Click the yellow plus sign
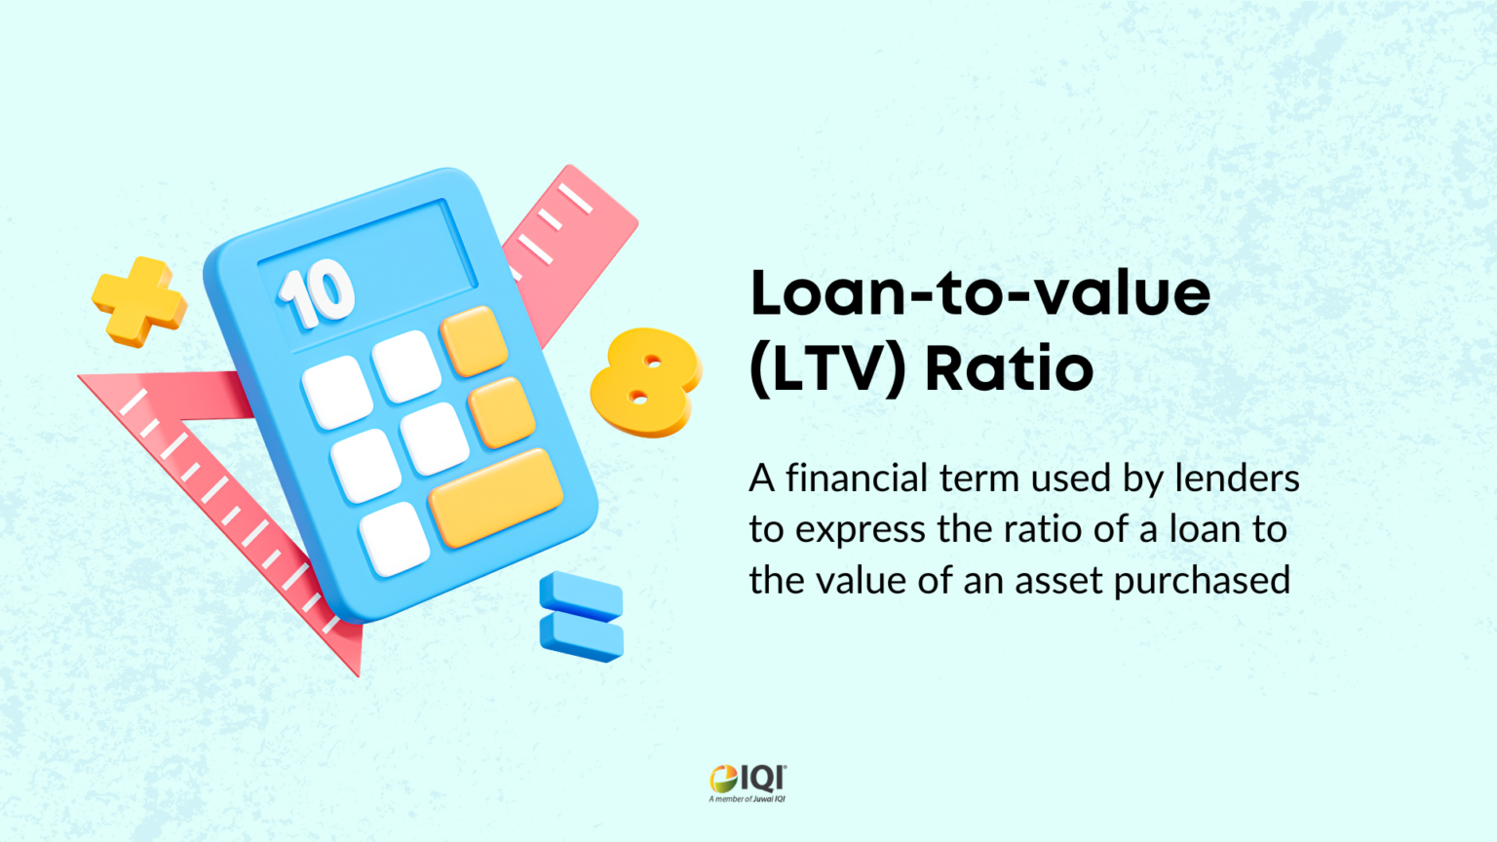[x=138, y=301]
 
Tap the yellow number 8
[x=645, y=381]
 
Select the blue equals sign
[x=582, y=617]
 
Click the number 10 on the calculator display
[x=317, y=292]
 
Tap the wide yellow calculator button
[x=495, y=497]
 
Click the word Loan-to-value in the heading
[x=979, y=292]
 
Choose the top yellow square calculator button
[x=474, y=341]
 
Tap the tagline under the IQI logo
[x=748, y=799]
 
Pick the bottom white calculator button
[x=394, y=539]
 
